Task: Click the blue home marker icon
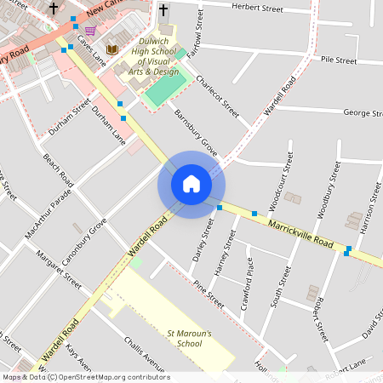point(191,183)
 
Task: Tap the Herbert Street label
point(258,9)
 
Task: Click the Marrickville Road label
point(300,231)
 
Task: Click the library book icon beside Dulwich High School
point(111,49)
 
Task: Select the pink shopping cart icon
point(90,31)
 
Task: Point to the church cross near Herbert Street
point(163,10)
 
